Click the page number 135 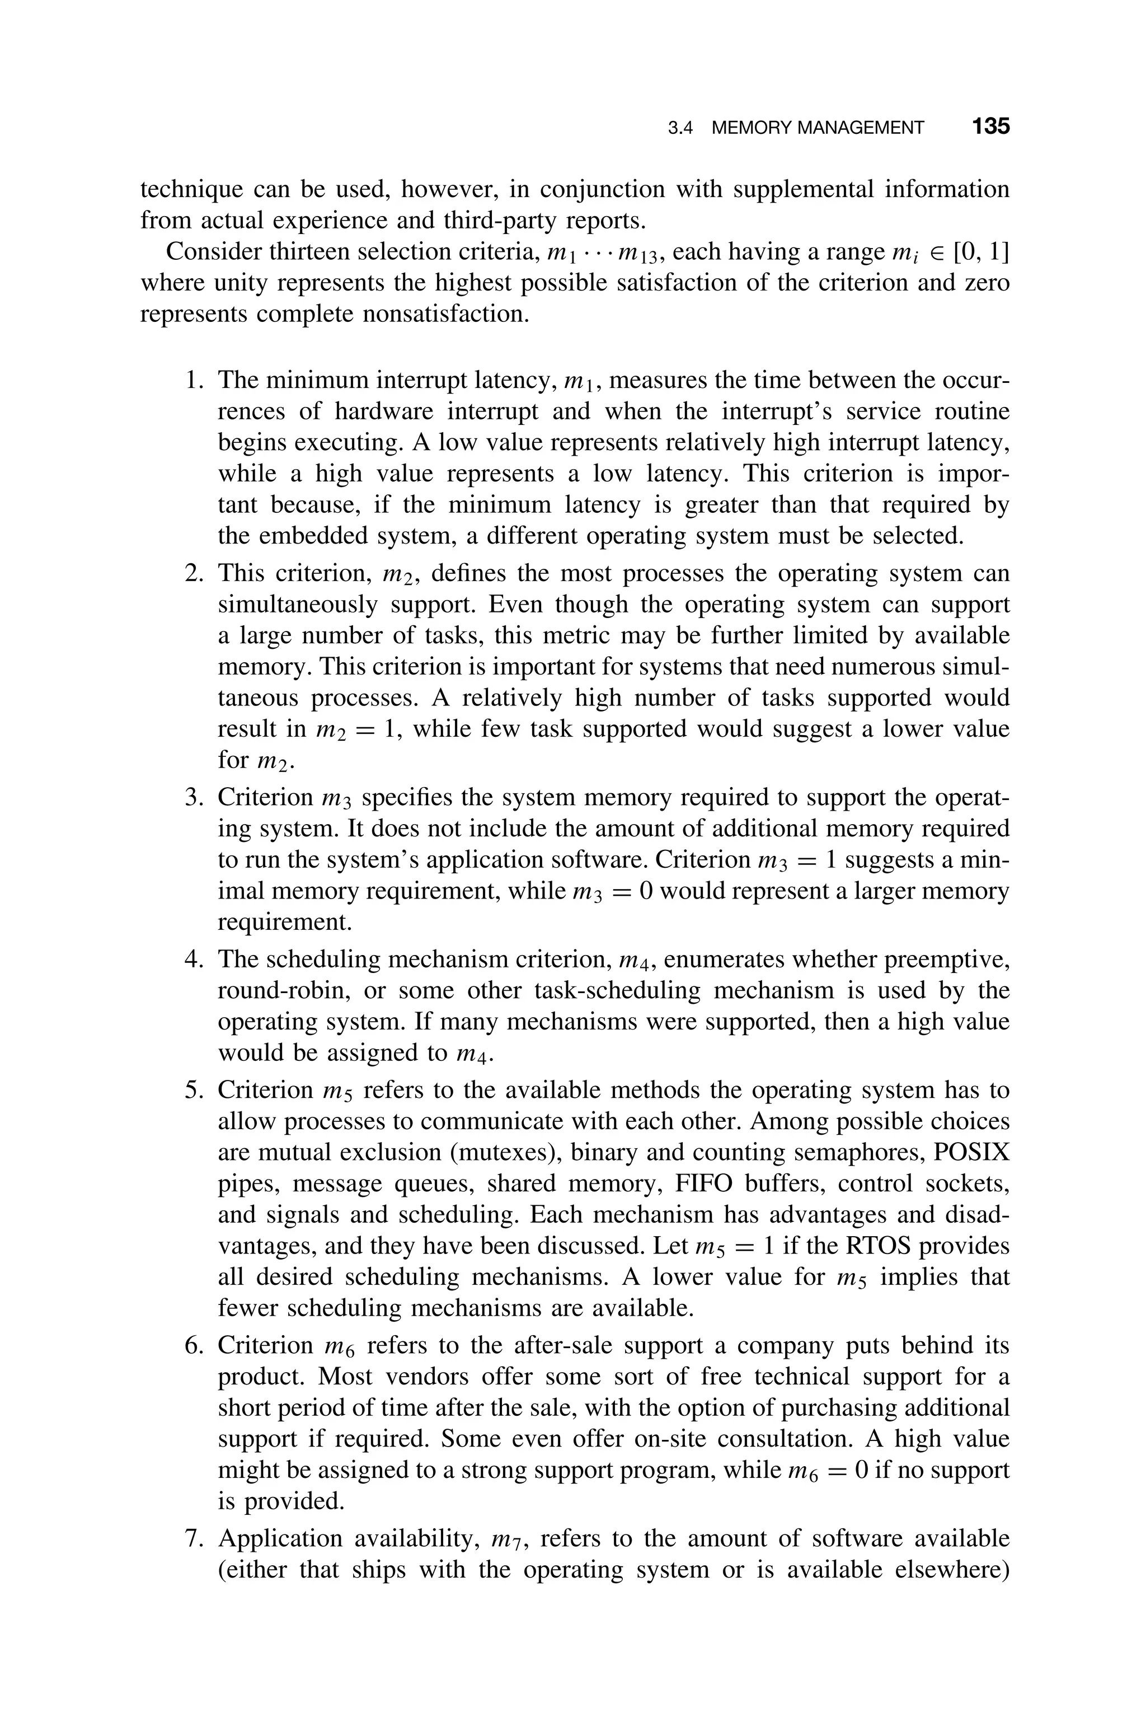point(990,127)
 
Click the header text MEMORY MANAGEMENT point(817,128)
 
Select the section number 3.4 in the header point(680,128)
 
